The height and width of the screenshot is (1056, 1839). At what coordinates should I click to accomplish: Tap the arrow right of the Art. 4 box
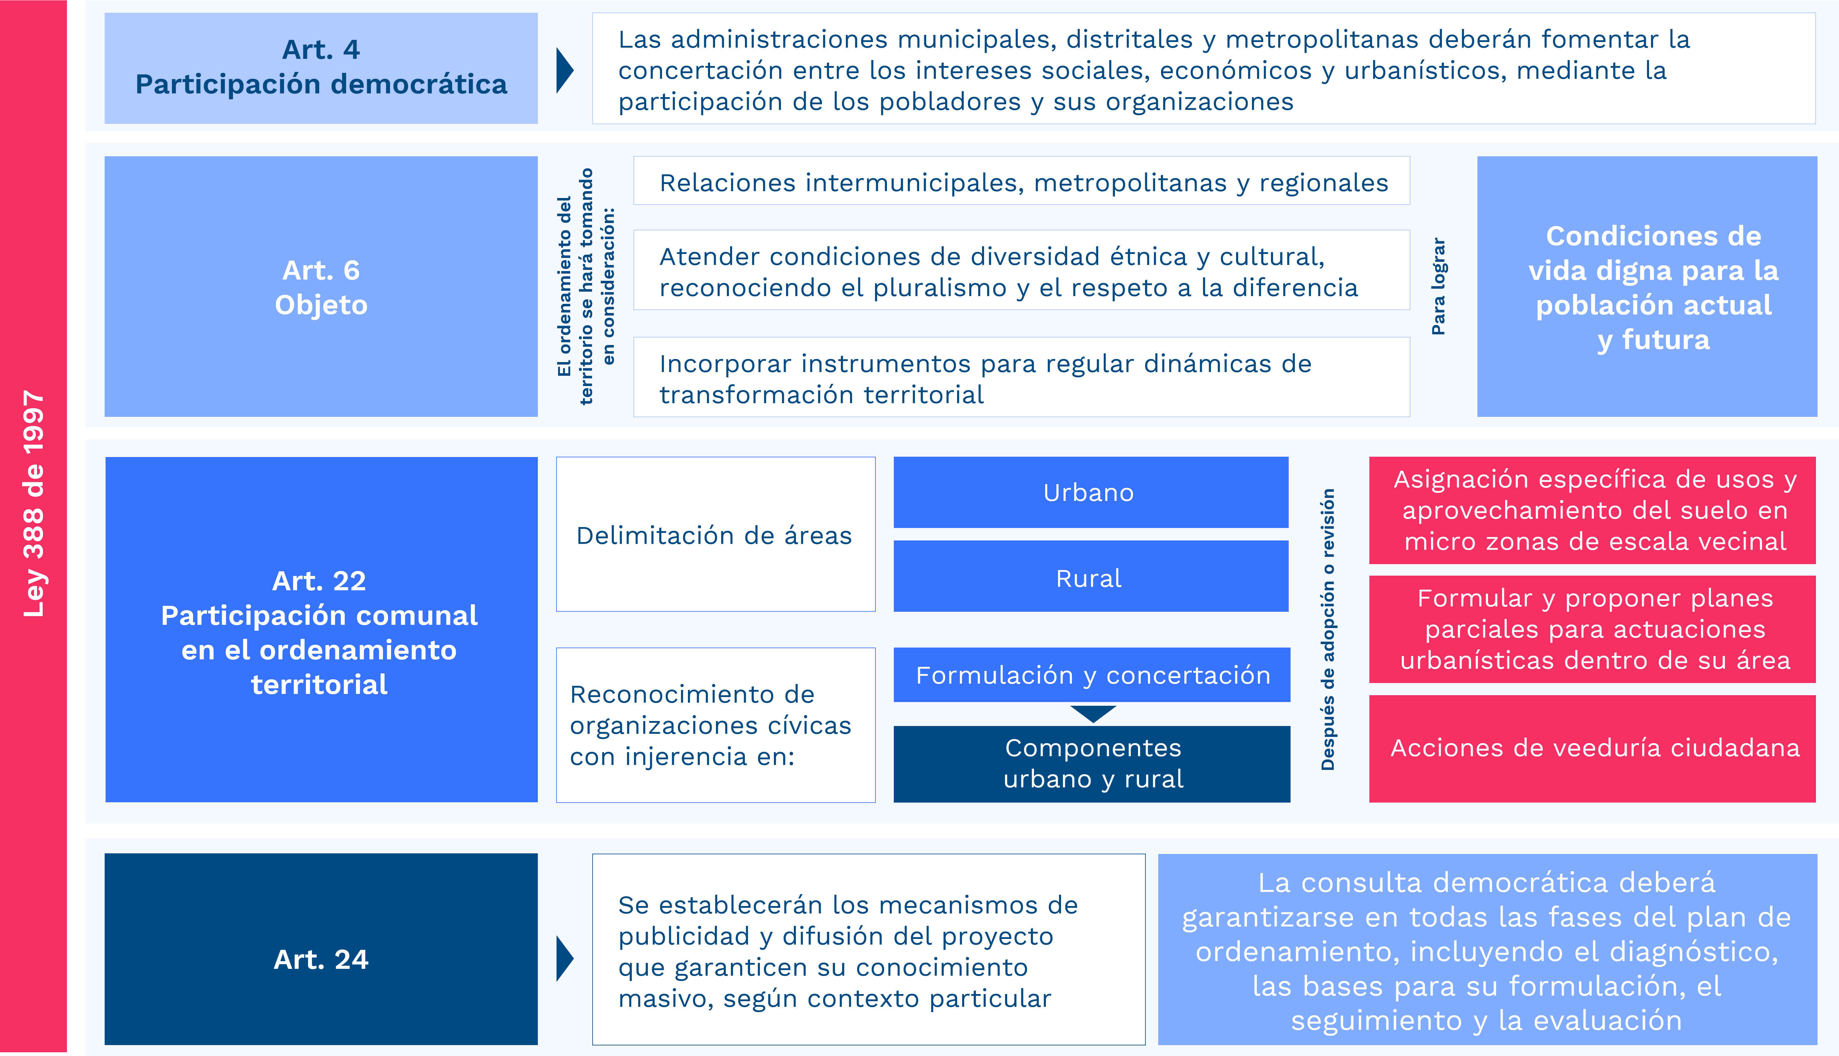564,70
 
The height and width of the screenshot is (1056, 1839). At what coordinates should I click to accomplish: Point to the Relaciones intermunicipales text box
1021,181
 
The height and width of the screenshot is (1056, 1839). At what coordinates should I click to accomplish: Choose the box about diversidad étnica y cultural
1021,270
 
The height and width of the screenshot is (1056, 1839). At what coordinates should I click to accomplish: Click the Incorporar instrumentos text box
1021,377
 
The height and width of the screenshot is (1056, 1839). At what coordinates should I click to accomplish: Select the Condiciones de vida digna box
1647,286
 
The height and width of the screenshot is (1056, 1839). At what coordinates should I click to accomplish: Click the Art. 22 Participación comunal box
321,629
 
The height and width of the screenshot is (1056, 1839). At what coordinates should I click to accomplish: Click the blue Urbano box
1090,493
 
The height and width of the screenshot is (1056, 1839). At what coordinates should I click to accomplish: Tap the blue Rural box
1090,577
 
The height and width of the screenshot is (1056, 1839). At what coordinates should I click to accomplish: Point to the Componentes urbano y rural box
1092,764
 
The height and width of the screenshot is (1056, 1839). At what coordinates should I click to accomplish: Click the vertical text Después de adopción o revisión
1328,629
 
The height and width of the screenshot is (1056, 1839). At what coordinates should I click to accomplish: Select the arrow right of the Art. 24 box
564,959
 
